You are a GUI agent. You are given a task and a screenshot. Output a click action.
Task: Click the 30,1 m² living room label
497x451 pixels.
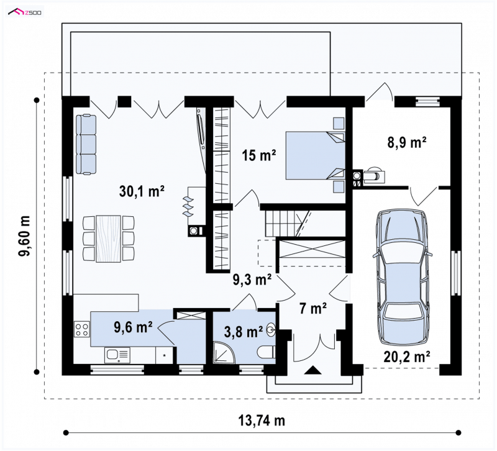pyautogui.click(x=142, y=191)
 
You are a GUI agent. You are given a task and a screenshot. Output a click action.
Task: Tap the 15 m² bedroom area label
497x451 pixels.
pyautogui.click(x=259, y=155)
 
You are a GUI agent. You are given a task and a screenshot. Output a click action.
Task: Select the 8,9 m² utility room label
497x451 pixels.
pyautogui.click(x=407, y=142)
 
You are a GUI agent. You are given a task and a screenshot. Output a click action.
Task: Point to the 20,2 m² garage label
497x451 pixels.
pyautogui.click(x=407, y=357)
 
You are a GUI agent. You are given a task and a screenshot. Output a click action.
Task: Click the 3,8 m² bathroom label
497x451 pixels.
pyautogui.click(x=244, y=332)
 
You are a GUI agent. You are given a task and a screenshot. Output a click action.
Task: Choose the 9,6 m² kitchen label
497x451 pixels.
pyautogui.click(x=133, y=327)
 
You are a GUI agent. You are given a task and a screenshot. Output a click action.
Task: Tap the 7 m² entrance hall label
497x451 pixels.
pyautogui.click(x=313, y=308)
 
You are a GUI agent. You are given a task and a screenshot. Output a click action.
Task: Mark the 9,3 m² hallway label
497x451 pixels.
pyautogui.click(x=252, y=280)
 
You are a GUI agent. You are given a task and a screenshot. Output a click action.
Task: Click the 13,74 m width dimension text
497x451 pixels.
pyautogui.click(x=262, y=421)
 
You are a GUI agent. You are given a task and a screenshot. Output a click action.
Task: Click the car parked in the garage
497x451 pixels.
pyautogui.click(x=403, y=277)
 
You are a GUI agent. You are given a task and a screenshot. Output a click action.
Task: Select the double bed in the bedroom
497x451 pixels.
pyautogui.click(x=316, y=156)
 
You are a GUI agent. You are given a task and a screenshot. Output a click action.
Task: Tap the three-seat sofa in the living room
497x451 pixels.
pyautogui.click(x=86, y=145)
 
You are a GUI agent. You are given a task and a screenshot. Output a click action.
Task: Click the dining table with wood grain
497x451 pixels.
pyautogui.click(x=108, y=239)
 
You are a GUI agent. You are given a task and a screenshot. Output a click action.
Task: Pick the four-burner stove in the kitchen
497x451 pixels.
pyautogui.click(x=82, y=329)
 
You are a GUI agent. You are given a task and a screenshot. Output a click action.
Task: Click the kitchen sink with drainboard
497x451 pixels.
pyautogui.click(x=117, y=355)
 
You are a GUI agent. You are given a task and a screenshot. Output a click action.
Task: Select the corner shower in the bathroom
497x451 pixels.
pyautogui.click(x=224, y=352)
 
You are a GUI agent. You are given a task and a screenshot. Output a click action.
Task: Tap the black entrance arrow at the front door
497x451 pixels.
pyautogui.click(x=313, y=370)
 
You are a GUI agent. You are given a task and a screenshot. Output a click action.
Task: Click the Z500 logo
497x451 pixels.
pyautogui.click(x=25, y=12)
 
